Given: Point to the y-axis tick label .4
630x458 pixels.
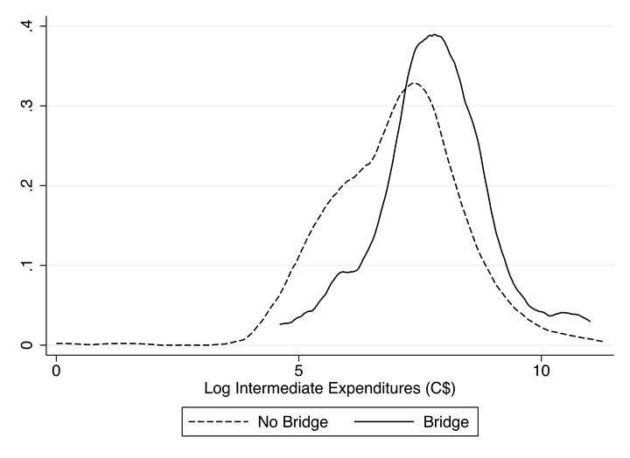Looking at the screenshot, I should [x=29, y=26].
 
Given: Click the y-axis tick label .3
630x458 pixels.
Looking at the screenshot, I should [x=29, y=106].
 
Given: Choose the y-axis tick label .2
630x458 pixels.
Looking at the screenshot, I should [x=29, y=185].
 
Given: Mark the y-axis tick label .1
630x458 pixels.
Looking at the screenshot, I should [x=29, y=265].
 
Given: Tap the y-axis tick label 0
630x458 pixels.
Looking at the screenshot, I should [x=29, y=344].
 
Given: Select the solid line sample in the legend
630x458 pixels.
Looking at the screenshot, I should [x=384, y=423].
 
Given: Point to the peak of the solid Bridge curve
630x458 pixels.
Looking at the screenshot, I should [x=433, y=35].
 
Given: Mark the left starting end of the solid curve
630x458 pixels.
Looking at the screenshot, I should [x=280, y=324].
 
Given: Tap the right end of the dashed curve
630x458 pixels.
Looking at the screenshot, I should [x=603, y=340].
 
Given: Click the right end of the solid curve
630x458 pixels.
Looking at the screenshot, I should [x=590, y=321].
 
